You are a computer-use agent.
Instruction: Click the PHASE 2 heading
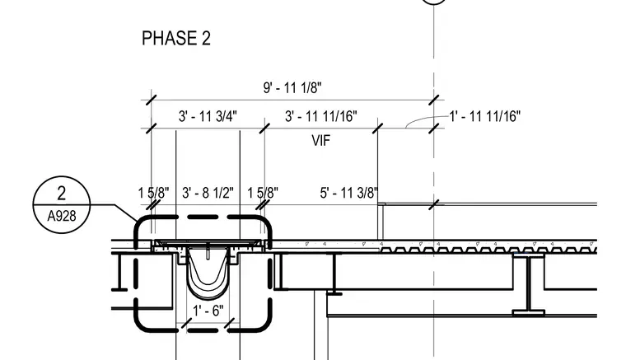tap(176, 39)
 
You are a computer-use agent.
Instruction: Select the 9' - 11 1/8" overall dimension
tap(292, 88)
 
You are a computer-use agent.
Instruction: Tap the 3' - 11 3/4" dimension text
tap(208, 116)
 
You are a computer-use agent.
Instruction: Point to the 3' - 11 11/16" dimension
tap(321, 116)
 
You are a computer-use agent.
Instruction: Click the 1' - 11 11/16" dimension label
tap(485, 116)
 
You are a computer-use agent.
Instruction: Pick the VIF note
tap(321, 141)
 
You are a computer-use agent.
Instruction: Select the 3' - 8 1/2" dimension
tap(208, 193)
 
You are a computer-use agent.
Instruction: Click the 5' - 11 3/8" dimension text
tap(349, 193)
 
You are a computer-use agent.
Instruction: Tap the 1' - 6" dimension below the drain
tap(208, 310)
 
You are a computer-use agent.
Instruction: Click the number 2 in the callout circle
tap(61, 193)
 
